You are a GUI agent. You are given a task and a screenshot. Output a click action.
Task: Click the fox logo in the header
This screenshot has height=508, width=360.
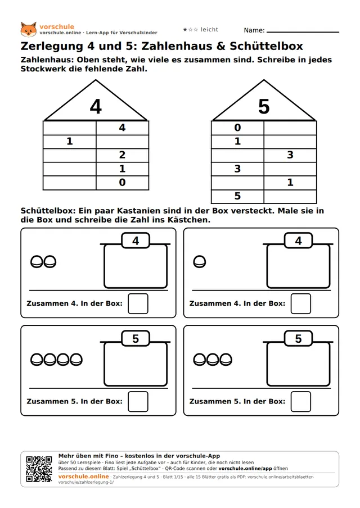[29, 29]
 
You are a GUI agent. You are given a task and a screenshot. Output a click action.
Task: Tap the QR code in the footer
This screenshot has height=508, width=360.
[39, 469]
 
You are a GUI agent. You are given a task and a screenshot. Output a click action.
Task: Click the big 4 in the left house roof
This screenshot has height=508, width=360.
[96, 107]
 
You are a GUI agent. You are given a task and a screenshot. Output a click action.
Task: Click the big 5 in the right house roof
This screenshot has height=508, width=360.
[264, 107]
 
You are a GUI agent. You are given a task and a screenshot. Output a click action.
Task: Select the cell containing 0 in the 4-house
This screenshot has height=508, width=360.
[122, 183]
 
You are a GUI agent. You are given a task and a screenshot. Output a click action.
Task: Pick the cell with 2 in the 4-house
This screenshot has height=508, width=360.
[122, 155]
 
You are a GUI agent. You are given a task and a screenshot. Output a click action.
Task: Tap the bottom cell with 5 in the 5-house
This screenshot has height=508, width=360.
[237, 196]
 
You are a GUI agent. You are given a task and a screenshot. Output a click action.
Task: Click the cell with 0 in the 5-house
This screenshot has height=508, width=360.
[237, 128]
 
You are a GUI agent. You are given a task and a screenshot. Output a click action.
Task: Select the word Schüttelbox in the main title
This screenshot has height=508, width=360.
[266, 46]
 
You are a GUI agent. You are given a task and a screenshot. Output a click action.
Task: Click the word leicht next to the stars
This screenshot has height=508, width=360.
[209, 29]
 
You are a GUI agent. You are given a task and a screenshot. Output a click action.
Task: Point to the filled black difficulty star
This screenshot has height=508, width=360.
[185, 29]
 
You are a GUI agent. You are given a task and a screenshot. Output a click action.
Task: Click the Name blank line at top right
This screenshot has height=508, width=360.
[303, 32]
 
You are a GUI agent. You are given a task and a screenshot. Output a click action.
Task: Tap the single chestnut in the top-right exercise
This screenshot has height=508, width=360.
[200, 262]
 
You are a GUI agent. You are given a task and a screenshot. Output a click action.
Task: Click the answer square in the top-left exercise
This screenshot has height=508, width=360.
[138, 303]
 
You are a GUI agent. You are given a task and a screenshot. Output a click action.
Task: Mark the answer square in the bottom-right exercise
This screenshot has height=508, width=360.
[301, 401]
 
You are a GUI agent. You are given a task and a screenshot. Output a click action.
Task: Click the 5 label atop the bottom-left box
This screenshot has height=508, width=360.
[136, 338]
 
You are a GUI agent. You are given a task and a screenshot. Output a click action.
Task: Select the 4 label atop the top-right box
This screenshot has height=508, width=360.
[298, 241]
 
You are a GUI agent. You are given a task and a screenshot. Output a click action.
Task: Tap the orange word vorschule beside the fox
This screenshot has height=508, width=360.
[57, 26]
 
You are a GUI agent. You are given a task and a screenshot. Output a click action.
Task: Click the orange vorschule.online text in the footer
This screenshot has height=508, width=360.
[84, 477]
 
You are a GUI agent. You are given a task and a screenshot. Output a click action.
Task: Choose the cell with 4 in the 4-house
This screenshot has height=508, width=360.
[122, 128]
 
